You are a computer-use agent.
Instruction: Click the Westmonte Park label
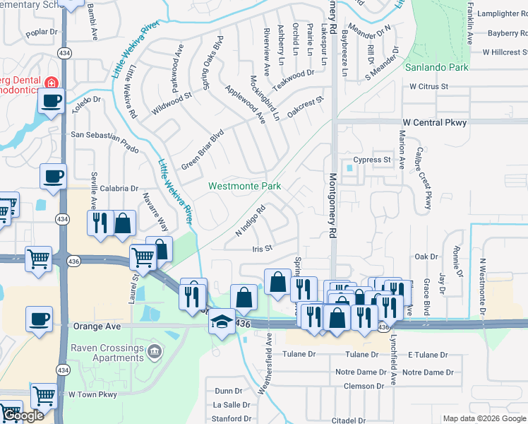[244, 187]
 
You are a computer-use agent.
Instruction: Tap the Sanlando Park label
[436, 68]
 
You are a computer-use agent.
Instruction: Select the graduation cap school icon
[222, 321]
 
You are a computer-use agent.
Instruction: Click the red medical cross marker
[50, 83]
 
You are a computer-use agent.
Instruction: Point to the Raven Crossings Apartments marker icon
[155, 351]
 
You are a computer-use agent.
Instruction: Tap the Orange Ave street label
[97, 327]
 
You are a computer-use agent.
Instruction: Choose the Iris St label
[262, 249]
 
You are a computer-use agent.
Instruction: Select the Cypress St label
[373, 160]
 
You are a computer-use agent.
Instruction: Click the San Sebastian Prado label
[104, 134]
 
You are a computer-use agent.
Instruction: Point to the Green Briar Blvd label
[202, 148]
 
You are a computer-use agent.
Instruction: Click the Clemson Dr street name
[364, 387]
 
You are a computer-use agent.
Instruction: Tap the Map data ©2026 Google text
[484, 418]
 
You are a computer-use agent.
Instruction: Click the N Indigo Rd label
[249, 221]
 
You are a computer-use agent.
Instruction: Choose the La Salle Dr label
[232, 405]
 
